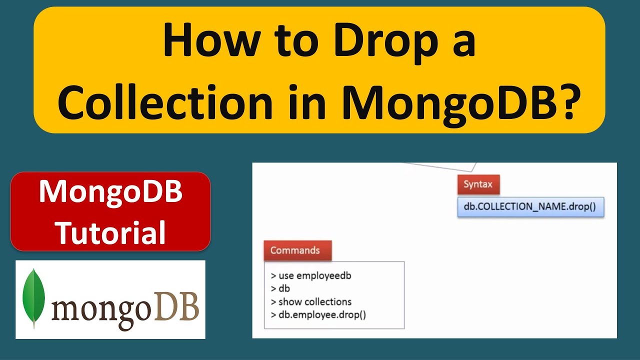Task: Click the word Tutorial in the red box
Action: tap(110, 232)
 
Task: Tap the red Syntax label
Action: tap(478, 184)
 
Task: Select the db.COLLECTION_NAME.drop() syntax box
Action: tap(530, 206)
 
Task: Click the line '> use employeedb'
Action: tap(311, 276)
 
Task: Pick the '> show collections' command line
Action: tap(311, 302)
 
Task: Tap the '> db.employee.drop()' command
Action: tap(318, 315)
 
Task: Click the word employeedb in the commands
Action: tap(324, 276)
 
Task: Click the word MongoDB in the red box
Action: tap(110, 192)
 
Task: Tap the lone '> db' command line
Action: tap(280, 289)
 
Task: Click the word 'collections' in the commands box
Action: tap(328, 302)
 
